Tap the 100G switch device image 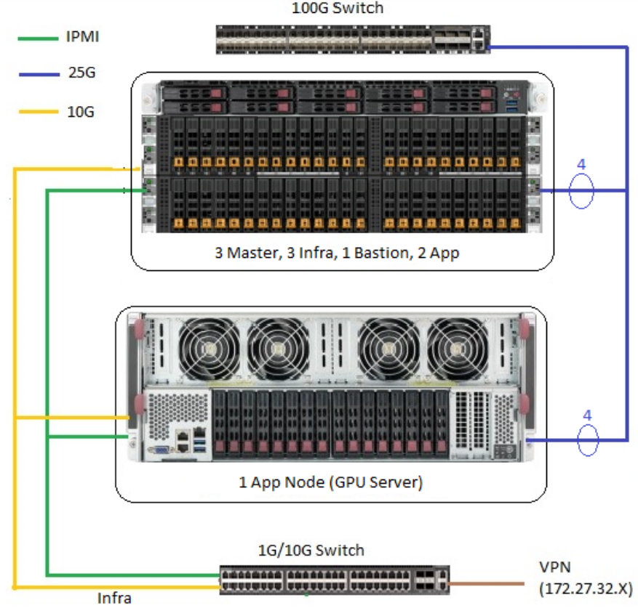pos(354,39)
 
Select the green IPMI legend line pos(37,37)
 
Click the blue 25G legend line pos(37,74)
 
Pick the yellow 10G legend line pos(37,112)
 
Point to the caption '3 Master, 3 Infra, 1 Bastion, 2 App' pos(337,254)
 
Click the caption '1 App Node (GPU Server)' pos(331,482)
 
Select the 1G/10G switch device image pos(335,578)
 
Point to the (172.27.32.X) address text pos(585,588)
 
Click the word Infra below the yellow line pos(114,599)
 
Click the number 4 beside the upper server pos(581,165)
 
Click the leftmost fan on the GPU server pos(208,347)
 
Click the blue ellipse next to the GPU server pos(587,439)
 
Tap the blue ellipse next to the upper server pos(581,191)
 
